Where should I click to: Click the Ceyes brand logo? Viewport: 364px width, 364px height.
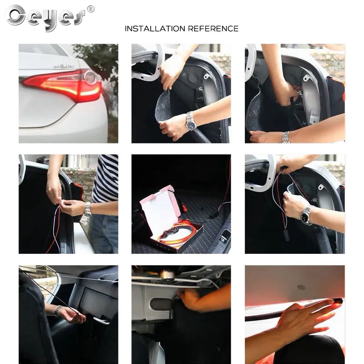coord(45,17)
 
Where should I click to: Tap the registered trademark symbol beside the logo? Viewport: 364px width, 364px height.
coord(91,9)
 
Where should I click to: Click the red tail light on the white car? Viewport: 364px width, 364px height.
coord(64,85)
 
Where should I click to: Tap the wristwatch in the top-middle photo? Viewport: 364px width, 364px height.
coord(191,121)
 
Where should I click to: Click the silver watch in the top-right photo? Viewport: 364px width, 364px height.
coord(286,136)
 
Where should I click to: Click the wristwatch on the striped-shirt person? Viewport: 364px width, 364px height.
coord(87,208)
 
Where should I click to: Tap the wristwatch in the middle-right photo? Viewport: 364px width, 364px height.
coord(307,215)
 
